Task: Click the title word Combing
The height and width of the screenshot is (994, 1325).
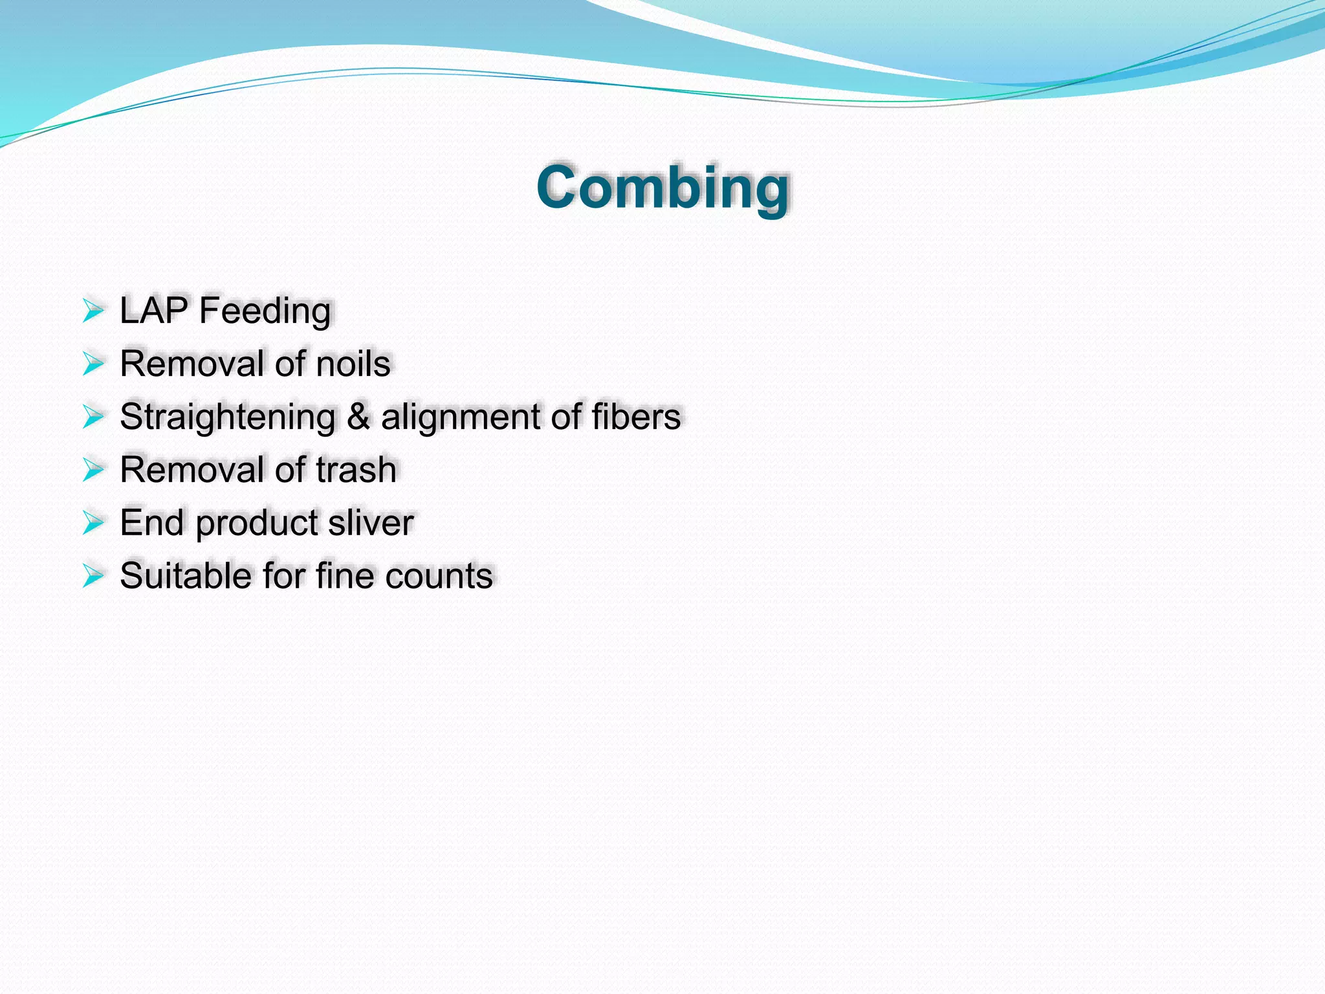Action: [x=662, y=188]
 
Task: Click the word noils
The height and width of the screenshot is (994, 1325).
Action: [x=353, y=364]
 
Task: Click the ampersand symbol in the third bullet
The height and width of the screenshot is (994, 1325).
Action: [x=358, y=416]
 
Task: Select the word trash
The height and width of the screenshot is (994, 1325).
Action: [x=356, y=470]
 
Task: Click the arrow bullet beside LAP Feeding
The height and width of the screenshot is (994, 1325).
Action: [x=93, y=311]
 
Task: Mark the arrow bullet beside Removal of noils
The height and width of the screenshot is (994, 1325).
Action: [x=93, y=364]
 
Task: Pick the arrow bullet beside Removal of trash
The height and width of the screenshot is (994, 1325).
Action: [x=93, y=470]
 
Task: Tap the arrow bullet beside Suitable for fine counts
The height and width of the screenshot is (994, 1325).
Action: [x=93, y=575]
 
